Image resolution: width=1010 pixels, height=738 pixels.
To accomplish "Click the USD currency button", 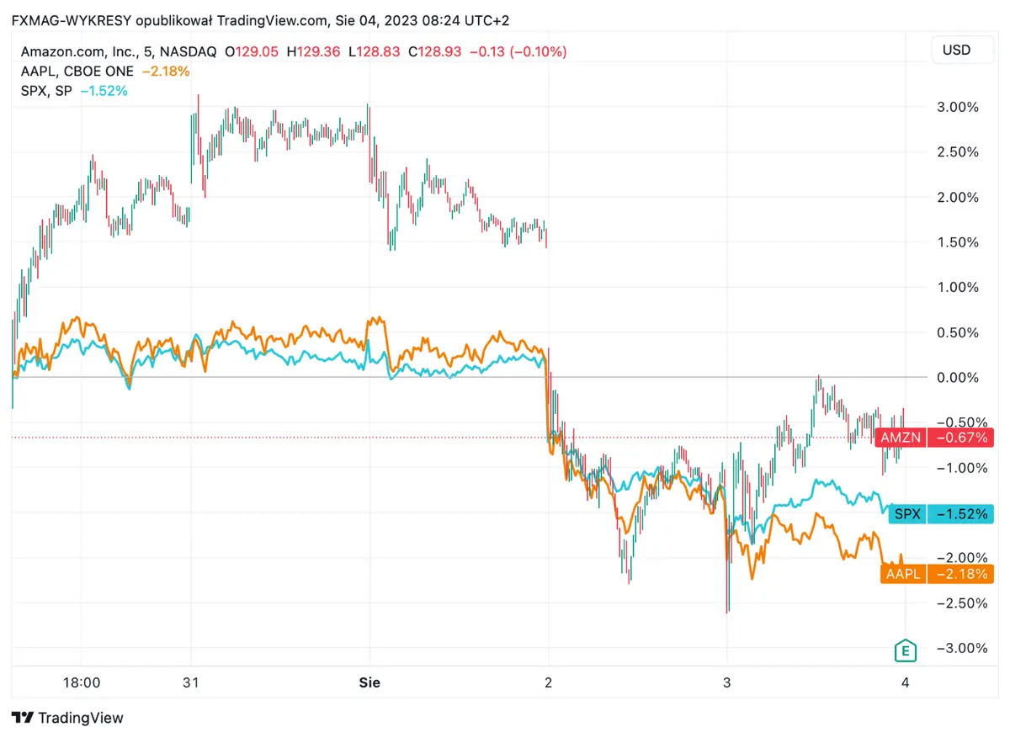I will coord(956,50).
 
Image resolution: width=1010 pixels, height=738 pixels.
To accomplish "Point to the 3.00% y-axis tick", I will coord(958,107).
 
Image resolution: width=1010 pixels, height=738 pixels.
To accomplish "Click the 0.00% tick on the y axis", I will coord(958,377).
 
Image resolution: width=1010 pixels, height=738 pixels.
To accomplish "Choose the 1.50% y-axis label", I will coord(958,242).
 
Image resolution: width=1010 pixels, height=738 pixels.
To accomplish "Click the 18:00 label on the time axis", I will coord(82,682).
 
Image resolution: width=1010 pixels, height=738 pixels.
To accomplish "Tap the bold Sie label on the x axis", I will coord(369,682).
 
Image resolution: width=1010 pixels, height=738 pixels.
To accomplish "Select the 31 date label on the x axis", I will coord(191,682).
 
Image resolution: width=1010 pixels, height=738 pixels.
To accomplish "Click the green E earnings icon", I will coord(905,650).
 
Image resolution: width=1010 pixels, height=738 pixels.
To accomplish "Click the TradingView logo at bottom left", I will coord(67,718).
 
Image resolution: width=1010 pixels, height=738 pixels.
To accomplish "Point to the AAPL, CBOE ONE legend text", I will coord(77,72).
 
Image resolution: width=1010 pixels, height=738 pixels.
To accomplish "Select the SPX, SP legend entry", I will coord(45,91).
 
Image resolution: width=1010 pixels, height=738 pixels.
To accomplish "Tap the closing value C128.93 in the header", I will coord(432,52).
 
